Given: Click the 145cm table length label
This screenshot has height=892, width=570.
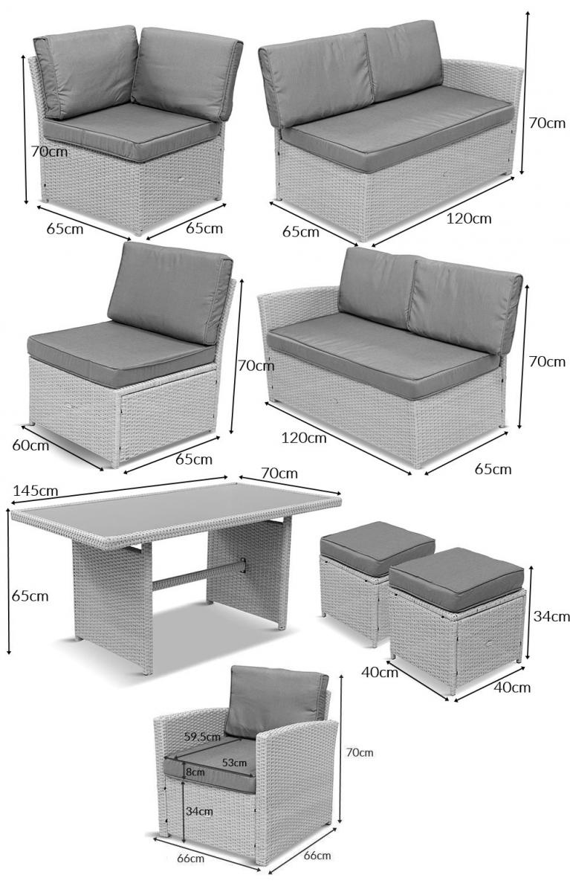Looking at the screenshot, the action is (x=36, y=491).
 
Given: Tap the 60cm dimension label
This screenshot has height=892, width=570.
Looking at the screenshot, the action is (x=30, y=445).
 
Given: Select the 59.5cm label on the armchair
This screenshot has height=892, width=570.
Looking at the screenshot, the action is (x=202, y=737).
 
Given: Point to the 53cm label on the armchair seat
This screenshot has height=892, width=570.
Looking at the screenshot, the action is (x=234, y=763).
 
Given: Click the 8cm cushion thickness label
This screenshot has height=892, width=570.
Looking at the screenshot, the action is (x=195, y=772).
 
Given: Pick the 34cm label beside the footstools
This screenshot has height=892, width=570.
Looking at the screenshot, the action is (x=551, y=616).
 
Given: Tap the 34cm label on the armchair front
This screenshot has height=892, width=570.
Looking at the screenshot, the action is (x=199, y=811).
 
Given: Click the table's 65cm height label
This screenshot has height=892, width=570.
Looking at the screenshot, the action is (x=30, y=596).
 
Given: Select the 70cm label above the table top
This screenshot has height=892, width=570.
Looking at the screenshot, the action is (x=279, y=473).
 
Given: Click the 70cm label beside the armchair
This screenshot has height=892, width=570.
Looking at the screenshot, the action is (x=360, y=752).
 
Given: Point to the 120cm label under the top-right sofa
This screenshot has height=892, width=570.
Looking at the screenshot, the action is (x=469, y=219).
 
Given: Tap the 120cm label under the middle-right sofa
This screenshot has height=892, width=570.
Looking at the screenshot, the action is (x=304, y=438).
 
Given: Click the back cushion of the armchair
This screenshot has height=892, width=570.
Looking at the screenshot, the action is (x=276, y=700).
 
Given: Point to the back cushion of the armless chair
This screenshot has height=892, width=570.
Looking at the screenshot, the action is (x=170, y=293).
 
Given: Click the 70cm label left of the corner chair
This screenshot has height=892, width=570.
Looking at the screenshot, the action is (x=49, y=152).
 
